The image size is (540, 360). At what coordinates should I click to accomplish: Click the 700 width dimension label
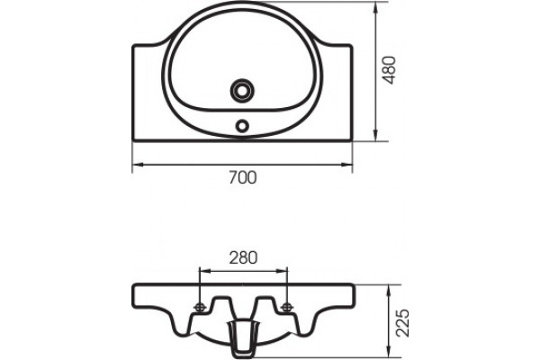pyautogui.click(x=243, y=178)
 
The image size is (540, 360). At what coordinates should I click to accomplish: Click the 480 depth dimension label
pyautogui.click(x=390, y=70)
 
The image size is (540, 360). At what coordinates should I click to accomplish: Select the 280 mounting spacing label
pyautogui.click(x=243, y=258)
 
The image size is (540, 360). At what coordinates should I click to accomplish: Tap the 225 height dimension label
pyautogui.click(x=402, y=323)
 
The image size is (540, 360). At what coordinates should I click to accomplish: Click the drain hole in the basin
pyautogui.click(x=242, y=90)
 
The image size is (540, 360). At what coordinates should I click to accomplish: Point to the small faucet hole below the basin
pyautogui.click(x=242, y=125)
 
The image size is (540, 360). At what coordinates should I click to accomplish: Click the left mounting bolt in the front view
pyautogui.click(x=200, y=308)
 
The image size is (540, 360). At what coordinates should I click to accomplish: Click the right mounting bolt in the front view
pyautogui.click(x=286, y=308)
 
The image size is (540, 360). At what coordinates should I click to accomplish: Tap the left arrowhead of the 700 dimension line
pyautogui.click(x=138, y=165)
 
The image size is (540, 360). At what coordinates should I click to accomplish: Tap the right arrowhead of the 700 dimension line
pyautogui.click(x=346, y=165)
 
